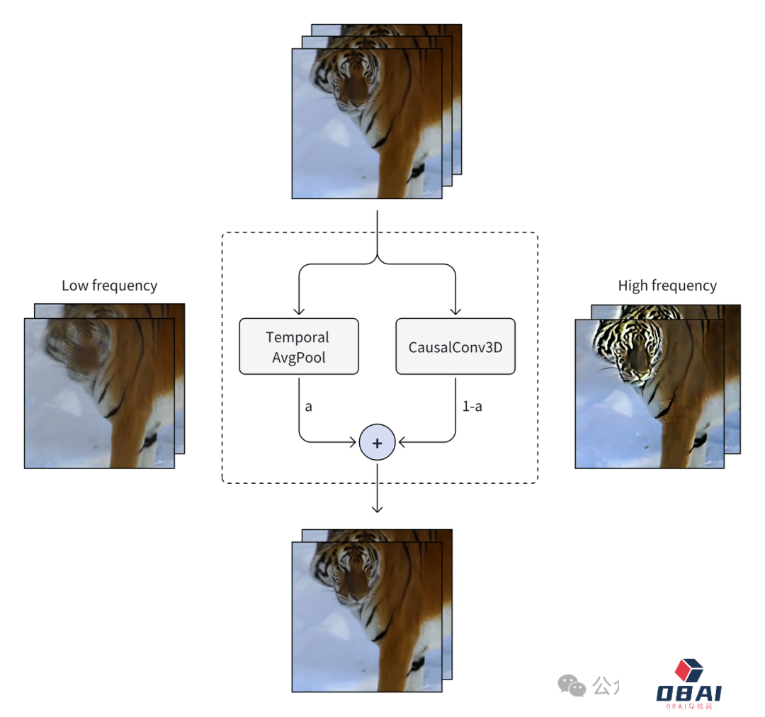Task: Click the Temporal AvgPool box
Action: point(299,346)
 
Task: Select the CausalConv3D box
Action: point(455,346)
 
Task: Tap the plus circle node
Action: point(377,443)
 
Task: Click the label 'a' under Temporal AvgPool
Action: point(308,407)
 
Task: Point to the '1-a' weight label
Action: point(472,407)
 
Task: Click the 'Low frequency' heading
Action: point(109,286)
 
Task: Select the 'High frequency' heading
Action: point(667,286)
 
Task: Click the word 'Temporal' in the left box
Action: point(297,337)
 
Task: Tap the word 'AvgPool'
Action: point(299,357)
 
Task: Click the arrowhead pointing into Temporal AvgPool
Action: point(299,311)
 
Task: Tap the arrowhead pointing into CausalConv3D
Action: point(455,311)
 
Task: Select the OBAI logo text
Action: point(688,693)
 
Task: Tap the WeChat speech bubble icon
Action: point(571,685)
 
